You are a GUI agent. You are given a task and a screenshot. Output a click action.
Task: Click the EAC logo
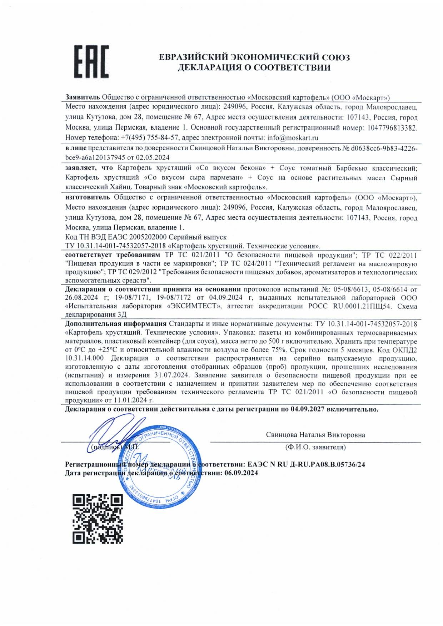91,61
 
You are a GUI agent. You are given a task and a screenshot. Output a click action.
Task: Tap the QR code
98,519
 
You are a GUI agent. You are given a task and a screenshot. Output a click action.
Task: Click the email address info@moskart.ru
293,138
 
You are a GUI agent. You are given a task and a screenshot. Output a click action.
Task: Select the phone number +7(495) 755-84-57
149,138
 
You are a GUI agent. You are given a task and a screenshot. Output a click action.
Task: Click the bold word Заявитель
83,97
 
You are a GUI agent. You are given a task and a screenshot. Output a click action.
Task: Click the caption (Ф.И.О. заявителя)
315,447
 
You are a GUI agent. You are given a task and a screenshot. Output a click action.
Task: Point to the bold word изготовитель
88,197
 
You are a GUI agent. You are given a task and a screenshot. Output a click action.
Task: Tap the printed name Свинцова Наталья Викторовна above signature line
315,435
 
